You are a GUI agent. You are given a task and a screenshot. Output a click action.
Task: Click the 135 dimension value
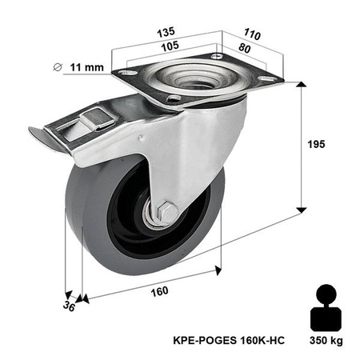(166, 33)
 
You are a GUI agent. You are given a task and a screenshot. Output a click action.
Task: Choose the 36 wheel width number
(70, 306)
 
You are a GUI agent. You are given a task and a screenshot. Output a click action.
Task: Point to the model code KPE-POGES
(201, 342)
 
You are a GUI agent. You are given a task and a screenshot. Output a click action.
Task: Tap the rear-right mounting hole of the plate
(266, 78)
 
